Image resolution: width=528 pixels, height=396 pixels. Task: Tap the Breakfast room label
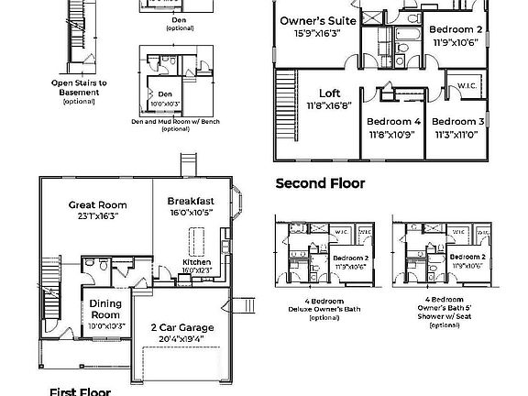click(191, 201)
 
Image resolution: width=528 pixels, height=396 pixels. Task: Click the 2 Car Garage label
click(183, 327)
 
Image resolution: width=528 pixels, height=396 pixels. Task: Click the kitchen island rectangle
click(193, 240)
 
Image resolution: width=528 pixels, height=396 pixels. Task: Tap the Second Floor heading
click(320, 183)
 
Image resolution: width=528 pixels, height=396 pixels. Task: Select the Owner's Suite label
click(316, 20)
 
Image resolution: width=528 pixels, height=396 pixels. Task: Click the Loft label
click(329, 93)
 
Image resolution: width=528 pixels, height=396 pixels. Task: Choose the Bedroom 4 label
click(393, 122)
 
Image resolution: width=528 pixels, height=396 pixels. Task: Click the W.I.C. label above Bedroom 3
click(466, 85)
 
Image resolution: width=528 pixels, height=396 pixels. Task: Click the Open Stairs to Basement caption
click(79, 87)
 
